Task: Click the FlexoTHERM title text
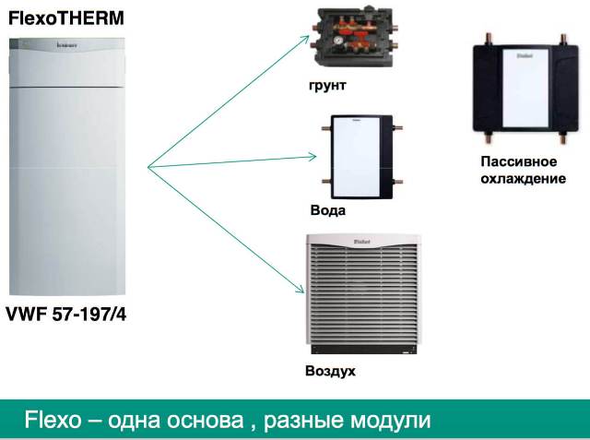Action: tap(66, 18)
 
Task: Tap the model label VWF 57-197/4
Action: tap(66, 315)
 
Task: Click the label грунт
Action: tap(327, 86)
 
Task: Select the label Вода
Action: tap(328, 210)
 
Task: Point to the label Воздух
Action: tap(330, 371)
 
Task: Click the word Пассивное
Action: tap(518, 161)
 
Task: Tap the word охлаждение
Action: tap(523, 178)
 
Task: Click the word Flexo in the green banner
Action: tap(53, 420)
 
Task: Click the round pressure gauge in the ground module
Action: tap(339, 41)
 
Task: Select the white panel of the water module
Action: tap(357, 157)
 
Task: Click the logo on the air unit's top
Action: tap(362, 242)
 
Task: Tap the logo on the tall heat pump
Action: tap(67, 45)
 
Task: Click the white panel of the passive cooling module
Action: tap(525, 89)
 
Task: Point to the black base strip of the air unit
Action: tap(364, 350)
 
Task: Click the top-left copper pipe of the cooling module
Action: tap(489, 39)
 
